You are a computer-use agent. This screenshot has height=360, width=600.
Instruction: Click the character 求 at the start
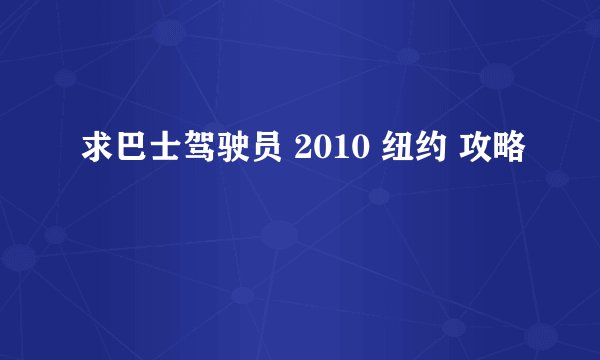point(93,152)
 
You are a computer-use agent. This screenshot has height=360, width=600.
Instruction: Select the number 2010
point(326,152)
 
